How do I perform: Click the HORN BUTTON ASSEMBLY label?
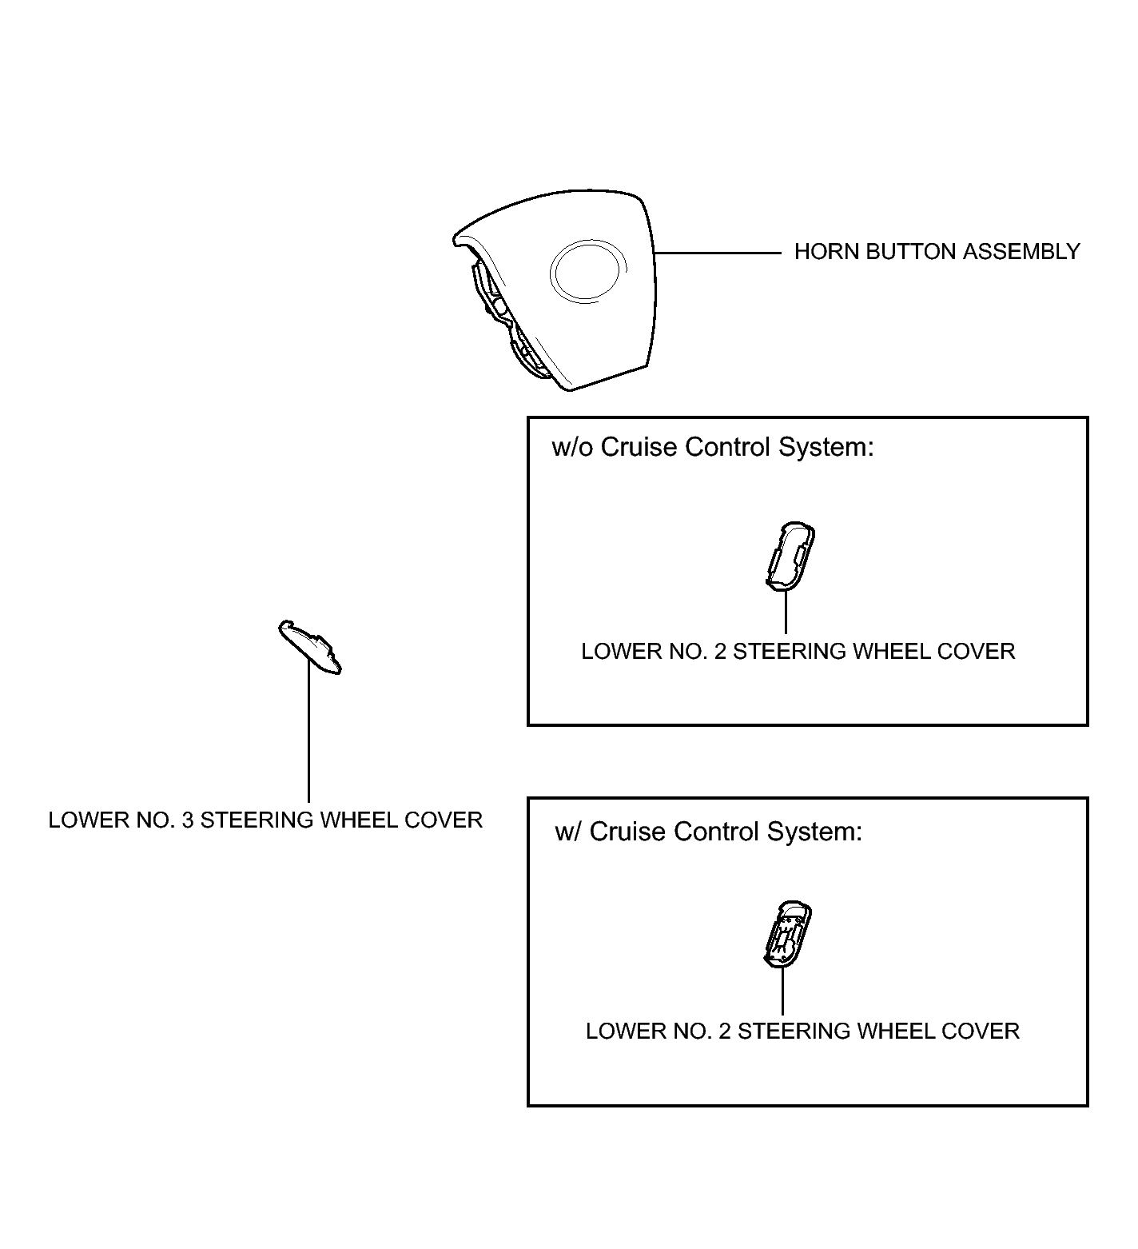tap(936, 252)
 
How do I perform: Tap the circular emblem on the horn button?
tap(587, 273)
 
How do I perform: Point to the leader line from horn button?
tap(717, 253)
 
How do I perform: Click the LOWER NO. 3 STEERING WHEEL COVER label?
tap(265, 820)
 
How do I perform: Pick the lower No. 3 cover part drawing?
tap(311, 645)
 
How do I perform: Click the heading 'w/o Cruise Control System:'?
tap(713, 447)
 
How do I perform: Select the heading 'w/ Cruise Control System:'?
tap(709, 832)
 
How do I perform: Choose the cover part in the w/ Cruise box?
tap(787, 934)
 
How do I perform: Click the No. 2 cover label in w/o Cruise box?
tap(798, 652)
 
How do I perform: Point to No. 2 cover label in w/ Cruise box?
tap(802, 1032)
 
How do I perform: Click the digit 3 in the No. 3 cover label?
tap(187, 820)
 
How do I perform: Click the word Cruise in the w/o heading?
tap(639, 447)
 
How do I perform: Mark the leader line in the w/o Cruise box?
tap(786, 612)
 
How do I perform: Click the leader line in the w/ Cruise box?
tap(782, 992)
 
